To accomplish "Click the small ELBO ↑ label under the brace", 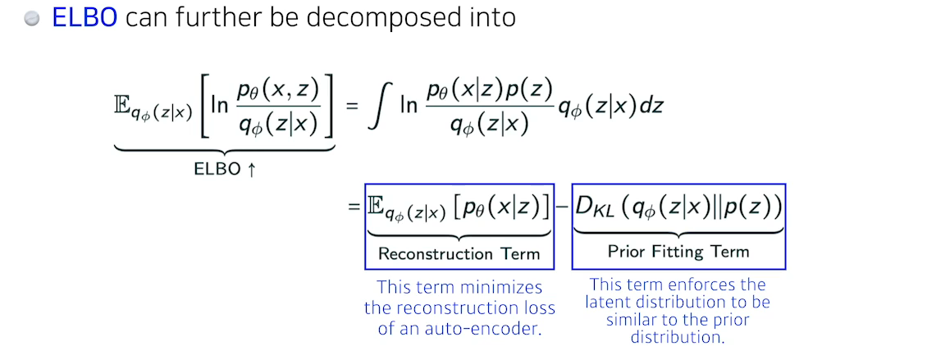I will point(225,170).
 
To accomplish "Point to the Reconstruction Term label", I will point(459,253).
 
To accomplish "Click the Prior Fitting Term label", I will point(678,252).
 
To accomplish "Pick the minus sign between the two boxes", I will point(563,210).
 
